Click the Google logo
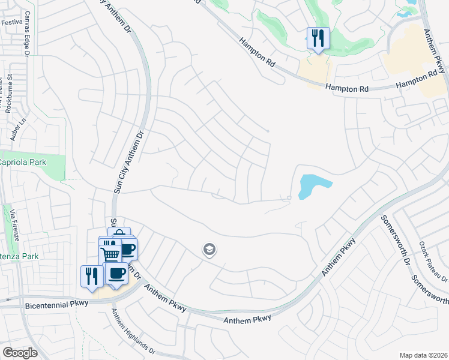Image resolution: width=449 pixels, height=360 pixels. point(20,352)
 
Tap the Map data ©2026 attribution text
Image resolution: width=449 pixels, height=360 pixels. point(423,355)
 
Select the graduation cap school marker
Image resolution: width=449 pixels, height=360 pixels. point(209,249)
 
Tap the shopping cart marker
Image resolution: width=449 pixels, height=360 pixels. point(110,254)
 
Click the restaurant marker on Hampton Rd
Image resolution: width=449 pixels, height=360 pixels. point(318,38)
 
